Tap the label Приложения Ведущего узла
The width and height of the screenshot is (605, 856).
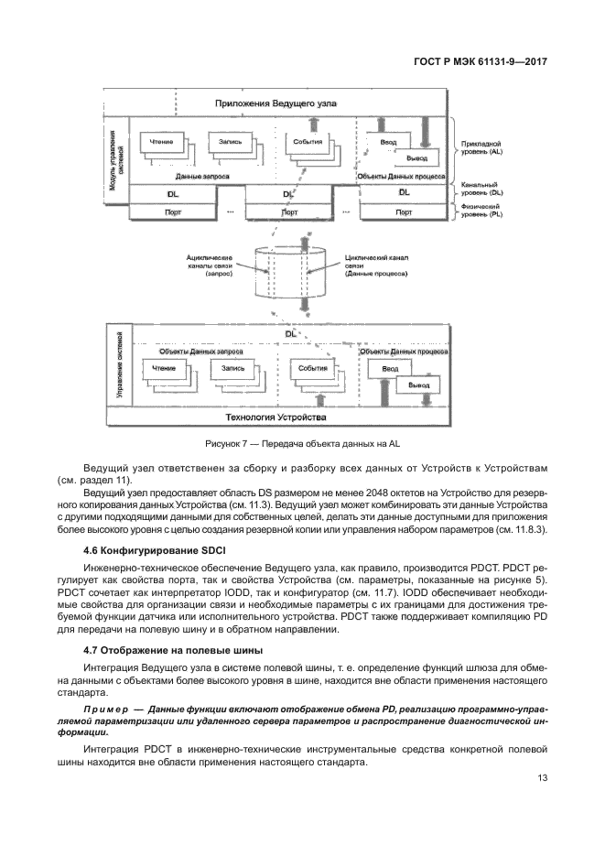coord(287,104)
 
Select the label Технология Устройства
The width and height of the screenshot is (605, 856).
coord(287,417)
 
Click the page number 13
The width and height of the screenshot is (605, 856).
coord(541,780)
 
